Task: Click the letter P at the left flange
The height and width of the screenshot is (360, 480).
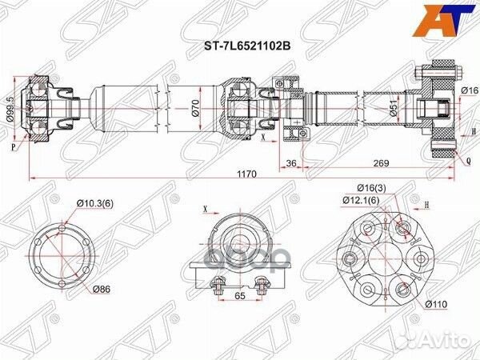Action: [x=14, y=146]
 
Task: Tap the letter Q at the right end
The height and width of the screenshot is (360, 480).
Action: [x=468, y=159]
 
